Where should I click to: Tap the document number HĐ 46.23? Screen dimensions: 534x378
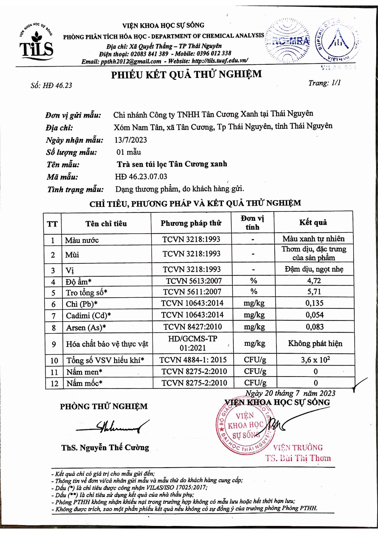(57, 85)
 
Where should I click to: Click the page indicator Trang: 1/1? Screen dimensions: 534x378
(324, 83)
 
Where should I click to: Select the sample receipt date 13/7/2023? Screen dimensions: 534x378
(131, 140)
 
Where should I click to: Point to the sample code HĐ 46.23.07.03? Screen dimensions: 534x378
(141, 176)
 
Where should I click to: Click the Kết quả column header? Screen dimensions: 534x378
(313, 222)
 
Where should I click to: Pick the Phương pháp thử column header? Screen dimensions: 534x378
(191, 223)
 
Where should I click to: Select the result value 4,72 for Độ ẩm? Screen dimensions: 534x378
(314, 280)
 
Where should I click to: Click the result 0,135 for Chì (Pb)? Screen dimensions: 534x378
(314, 303)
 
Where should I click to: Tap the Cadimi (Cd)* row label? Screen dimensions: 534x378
(88, 316)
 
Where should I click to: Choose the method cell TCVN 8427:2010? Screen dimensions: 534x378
(193, 327)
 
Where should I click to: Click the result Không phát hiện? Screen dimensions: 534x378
(315, 343)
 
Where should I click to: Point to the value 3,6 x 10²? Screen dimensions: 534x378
(315, 360)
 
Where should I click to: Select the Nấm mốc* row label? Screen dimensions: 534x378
(84, 383)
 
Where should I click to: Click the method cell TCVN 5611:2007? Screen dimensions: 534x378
(192, 292)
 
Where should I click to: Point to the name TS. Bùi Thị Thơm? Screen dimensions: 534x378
(298, 458)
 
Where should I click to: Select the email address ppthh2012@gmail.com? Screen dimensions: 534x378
(131, 61)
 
